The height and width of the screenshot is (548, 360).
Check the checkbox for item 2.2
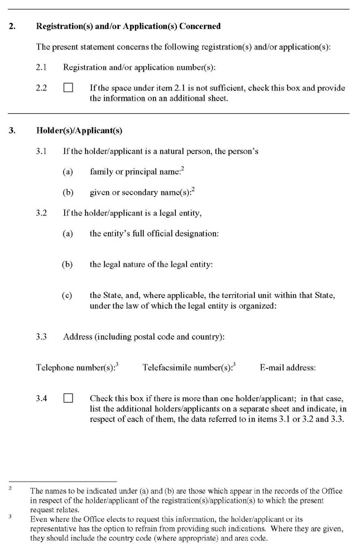click(68, 88)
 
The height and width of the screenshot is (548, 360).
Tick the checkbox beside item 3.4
click(68, 398)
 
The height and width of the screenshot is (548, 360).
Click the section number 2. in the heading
click(12, 26)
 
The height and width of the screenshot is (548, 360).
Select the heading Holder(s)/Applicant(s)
click(79, 131)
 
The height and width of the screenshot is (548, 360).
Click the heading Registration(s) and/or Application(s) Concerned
click(128, 26)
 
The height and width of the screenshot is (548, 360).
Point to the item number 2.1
click(41, 68)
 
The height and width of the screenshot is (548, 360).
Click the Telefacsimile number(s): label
click(187, 368)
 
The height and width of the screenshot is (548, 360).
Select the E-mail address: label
click(287, 368)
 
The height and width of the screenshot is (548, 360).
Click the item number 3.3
click(41, 337)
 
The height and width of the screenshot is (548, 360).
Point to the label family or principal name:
click(136, 172)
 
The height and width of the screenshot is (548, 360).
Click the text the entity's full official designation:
click(154, 234)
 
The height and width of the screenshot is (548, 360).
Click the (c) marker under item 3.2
click(67, 295)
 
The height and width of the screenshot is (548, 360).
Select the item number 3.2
click(41, 213)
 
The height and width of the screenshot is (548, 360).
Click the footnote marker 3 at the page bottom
click(11, 517)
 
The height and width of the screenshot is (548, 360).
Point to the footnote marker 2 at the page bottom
click(11, 489)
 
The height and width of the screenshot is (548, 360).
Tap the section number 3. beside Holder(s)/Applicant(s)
click(12, 131)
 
